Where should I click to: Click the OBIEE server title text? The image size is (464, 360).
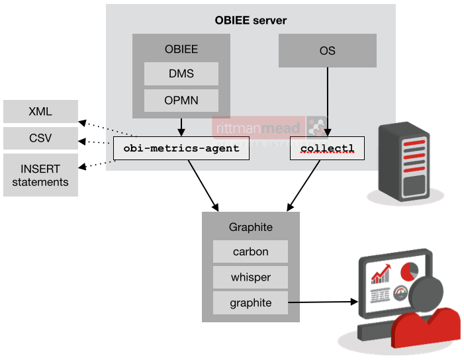[x=251, y=20]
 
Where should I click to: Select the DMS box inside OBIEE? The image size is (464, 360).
[x=181, y=74]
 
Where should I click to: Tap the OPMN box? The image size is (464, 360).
[x=181, y=101]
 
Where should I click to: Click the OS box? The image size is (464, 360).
[x=327, y=51]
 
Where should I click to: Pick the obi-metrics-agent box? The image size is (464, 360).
[x=181, y=148]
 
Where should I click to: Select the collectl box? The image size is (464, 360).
[x=327, y=148]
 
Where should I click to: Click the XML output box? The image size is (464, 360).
[x=40, y=111]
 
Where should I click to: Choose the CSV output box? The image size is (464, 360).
[x=40, y=138]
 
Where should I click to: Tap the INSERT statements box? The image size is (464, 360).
[x=40, y=175]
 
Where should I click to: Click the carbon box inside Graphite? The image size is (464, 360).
[x=250, y=251]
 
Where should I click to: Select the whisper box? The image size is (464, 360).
[x=250, y=277]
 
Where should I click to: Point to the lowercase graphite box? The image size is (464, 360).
[x=250, y=302]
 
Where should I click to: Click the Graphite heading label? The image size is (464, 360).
[x=250, y=227]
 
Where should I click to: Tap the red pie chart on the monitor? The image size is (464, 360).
[x=408, y=272]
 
